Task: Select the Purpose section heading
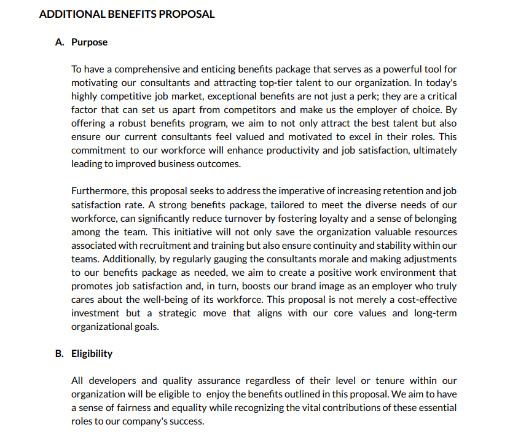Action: pyautogui.click(x=89, y=42)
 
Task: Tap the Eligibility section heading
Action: pyautogui.click(x=92, y=354)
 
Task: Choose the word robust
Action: pyautogui.click(x=124, y=123)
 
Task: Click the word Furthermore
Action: pyautogui.click(x=98, y=191)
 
